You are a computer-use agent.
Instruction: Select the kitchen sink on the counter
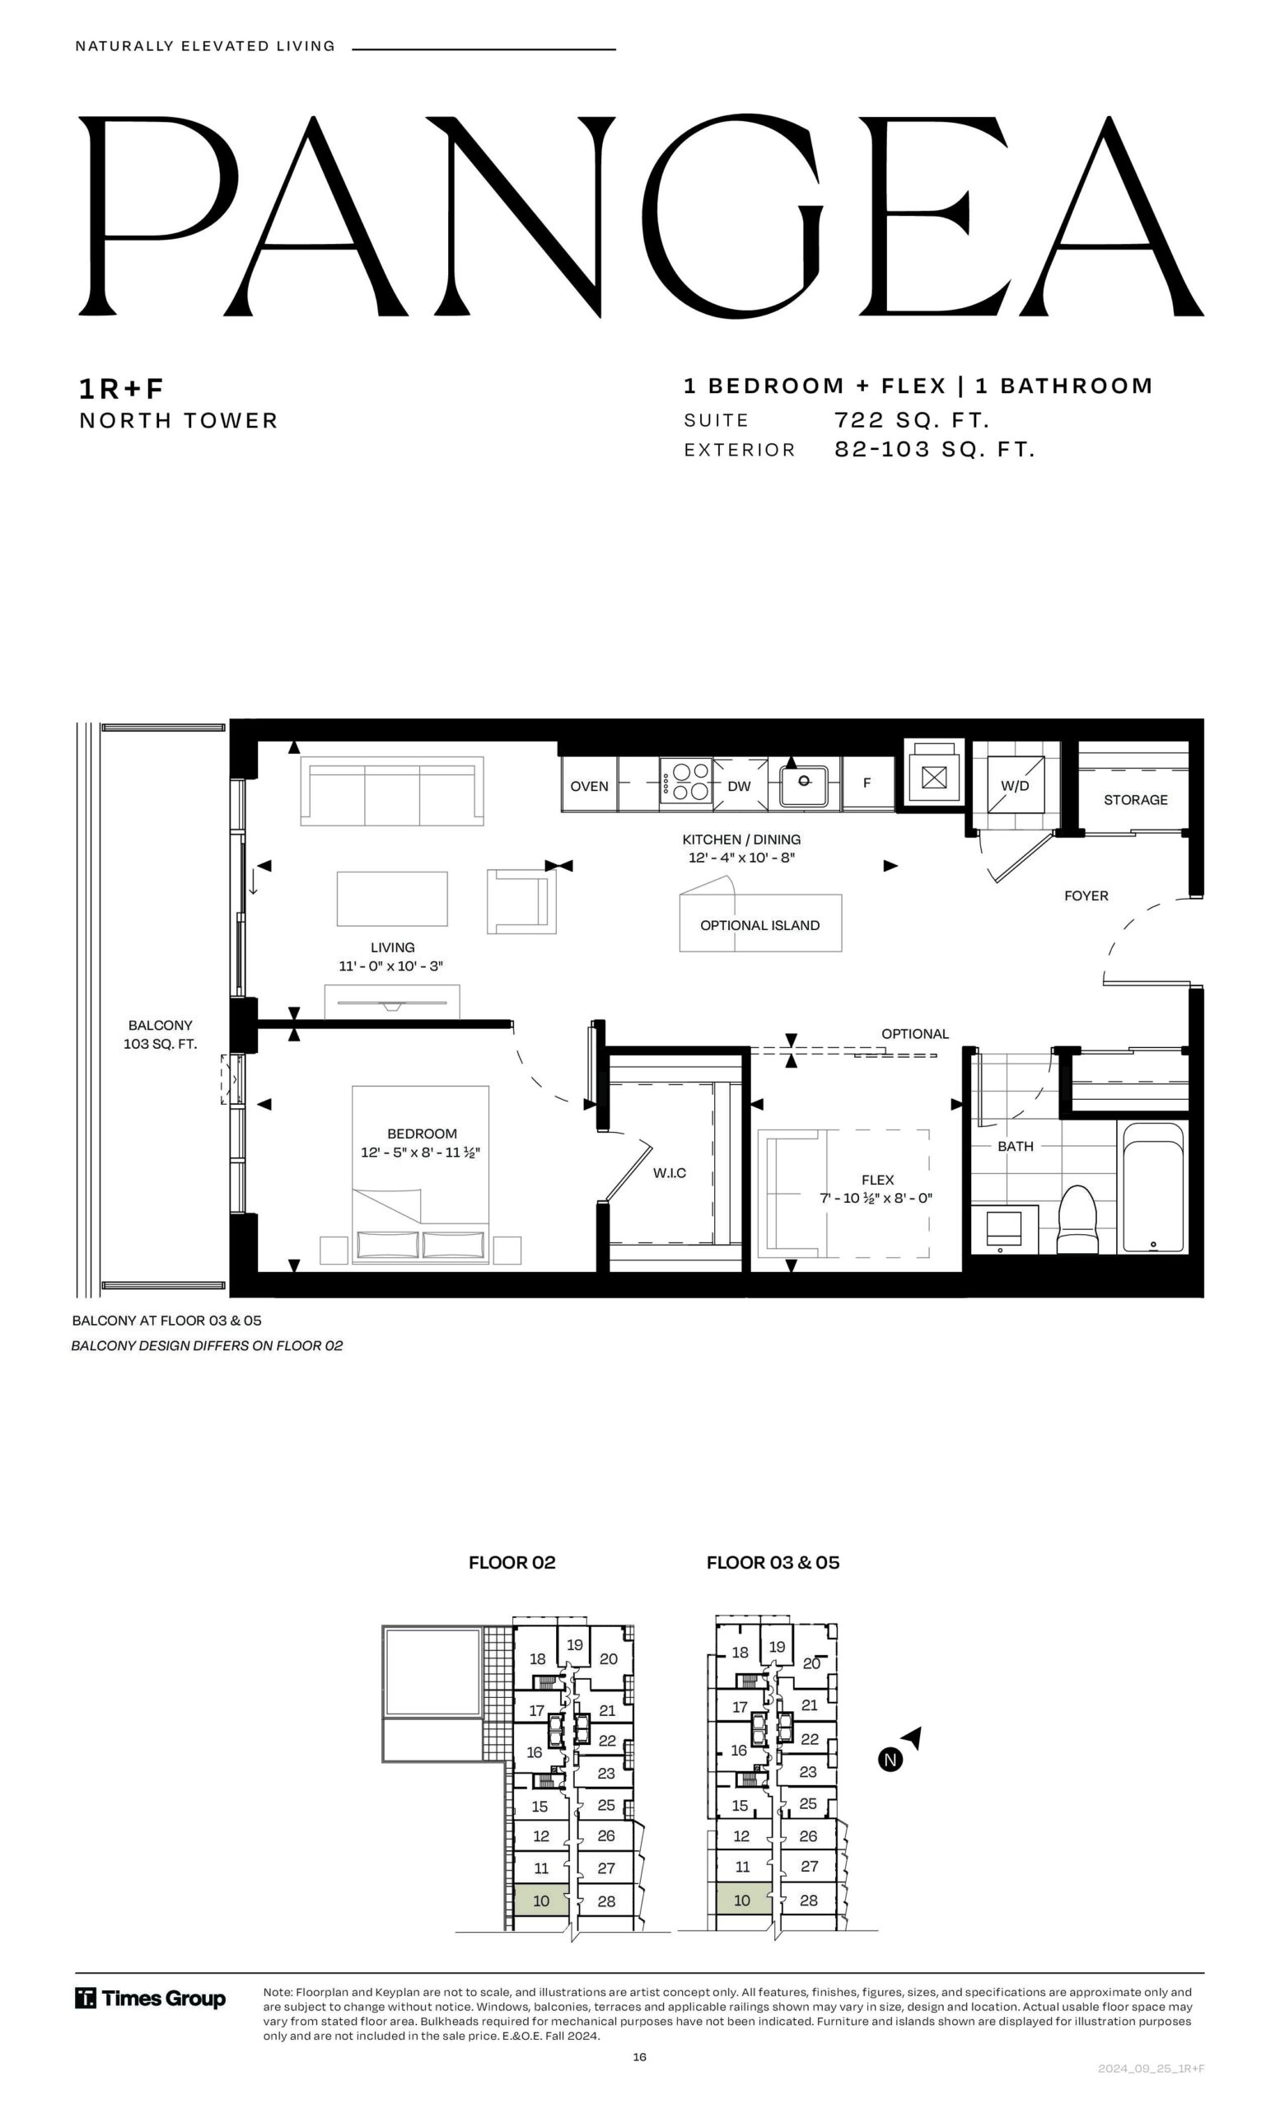click(803, 784)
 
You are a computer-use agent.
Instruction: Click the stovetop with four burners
click(686, 783)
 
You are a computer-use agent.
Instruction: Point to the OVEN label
click(590, 786)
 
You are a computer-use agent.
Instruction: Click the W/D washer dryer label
click(1015, 786)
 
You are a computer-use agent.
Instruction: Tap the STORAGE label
click(1135, 799)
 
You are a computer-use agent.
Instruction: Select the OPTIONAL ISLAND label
click(759, 925)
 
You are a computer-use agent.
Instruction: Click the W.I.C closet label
click(669, 1172)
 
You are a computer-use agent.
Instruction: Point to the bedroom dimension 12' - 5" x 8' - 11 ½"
click(420, 1152)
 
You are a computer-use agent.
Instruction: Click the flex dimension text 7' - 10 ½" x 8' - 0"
click(876, 1198)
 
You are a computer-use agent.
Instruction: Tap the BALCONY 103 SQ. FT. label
click(160, 1034)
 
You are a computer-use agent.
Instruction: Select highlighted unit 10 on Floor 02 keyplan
click(541, 1900)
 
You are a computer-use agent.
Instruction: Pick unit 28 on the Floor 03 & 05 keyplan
click(809, 1899)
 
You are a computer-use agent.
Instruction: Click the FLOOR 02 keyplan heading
click(512, 1562)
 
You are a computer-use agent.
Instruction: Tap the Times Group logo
click(151, 1999)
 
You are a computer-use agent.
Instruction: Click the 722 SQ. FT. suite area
click(912, 420)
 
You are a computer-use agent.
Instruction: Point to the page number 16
click(640, 2057)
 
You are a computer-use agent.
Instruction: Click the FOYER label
click(1086, 896)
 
